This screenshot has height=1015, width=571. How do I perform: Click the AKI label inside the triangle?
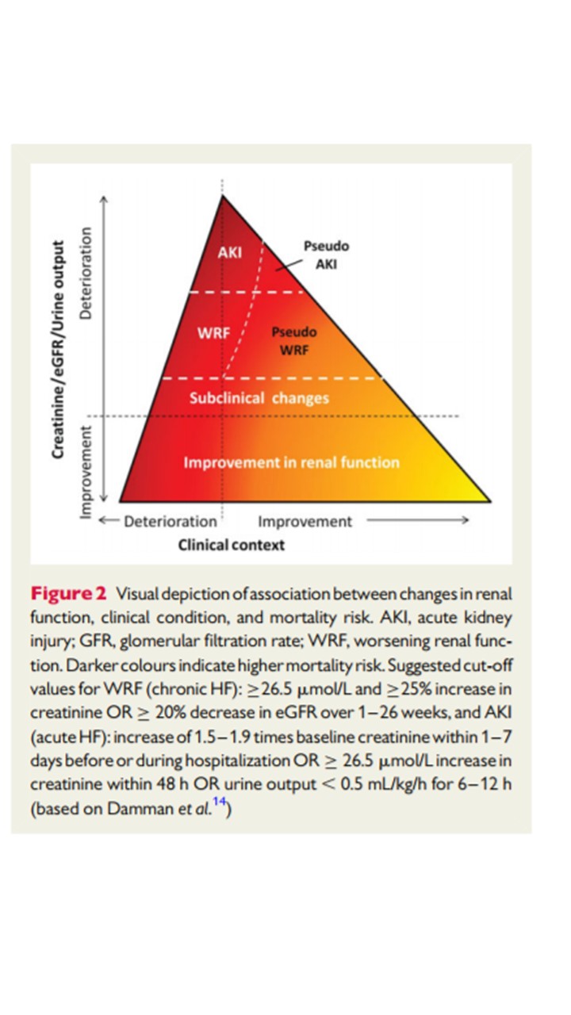[x=229, y=252]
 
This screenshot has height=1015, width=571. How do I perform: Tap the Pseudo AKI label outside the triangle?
[x=326, y=255]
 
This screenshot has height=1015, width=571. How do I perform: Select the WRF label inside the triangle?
[x=213, y=333]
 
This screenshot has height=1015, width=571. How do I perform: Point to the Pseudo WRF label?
[x=293, y=339]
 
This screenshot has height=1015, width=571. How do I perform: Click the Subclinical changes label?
[x=259, y=398]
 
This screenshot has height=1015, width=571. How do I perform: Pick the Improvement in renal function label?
[x=292, y=462]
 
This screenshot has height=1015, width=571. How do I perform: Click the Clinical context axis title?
[x=231, y=545]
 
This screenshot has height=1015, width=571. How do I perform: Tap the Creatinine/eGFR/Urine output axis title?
[x=58, y=350]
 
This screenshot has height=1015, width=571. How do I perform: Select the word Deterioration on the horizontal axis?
[x=170, y=522]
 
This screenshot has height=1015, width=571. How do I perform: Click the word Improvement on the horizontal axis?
[x=305, y=522]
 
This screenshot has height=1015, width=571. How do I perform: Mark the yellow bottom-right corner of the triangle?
[x=485, y=499]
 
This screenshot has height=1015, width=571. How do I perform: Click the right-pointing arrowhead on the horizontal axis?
[x=466, y=521]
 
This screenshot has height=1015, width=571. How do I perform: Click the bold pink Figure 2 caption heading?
[x=68, y=594]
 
